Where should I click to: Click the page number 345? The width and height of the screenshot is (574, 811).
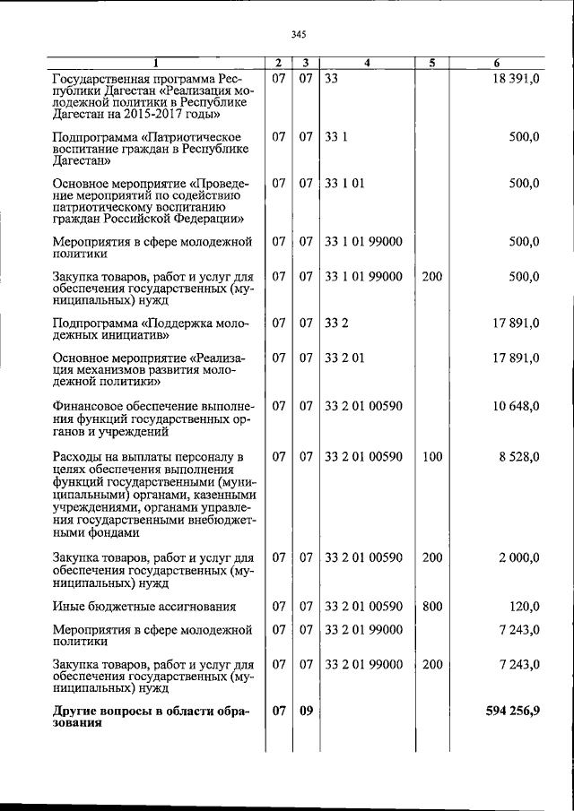pyautogui.click(x=299, y=34)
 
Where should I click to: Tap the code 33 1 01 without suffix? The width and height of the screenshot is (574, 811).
pyautogui.click(x=344, y=184)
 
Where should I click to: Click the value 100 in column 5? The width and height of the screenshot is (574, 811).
pyautogui.click(x=432, y=457)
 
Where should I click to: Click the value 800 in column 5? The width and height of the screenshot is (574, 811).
pyautogui.click(x=432, y=607)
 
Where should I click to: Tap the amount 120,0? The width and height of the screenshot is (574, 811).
pyautogui.click(x=524, y=607)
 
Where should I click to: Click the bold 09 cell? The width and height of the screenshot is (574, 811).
pyautogui.click(x=306, y=712)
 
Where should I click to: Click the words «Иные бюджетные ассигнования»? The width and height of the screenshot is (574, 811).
pyautogui.click(x=143, y=607)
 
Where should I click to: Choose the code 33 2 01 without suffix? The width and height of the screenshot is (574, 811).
pyautogui.click(x=344, y=358)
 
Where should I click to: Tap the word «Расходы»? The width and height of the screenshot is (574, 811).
pyautogui.click(x=78, y=457)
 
